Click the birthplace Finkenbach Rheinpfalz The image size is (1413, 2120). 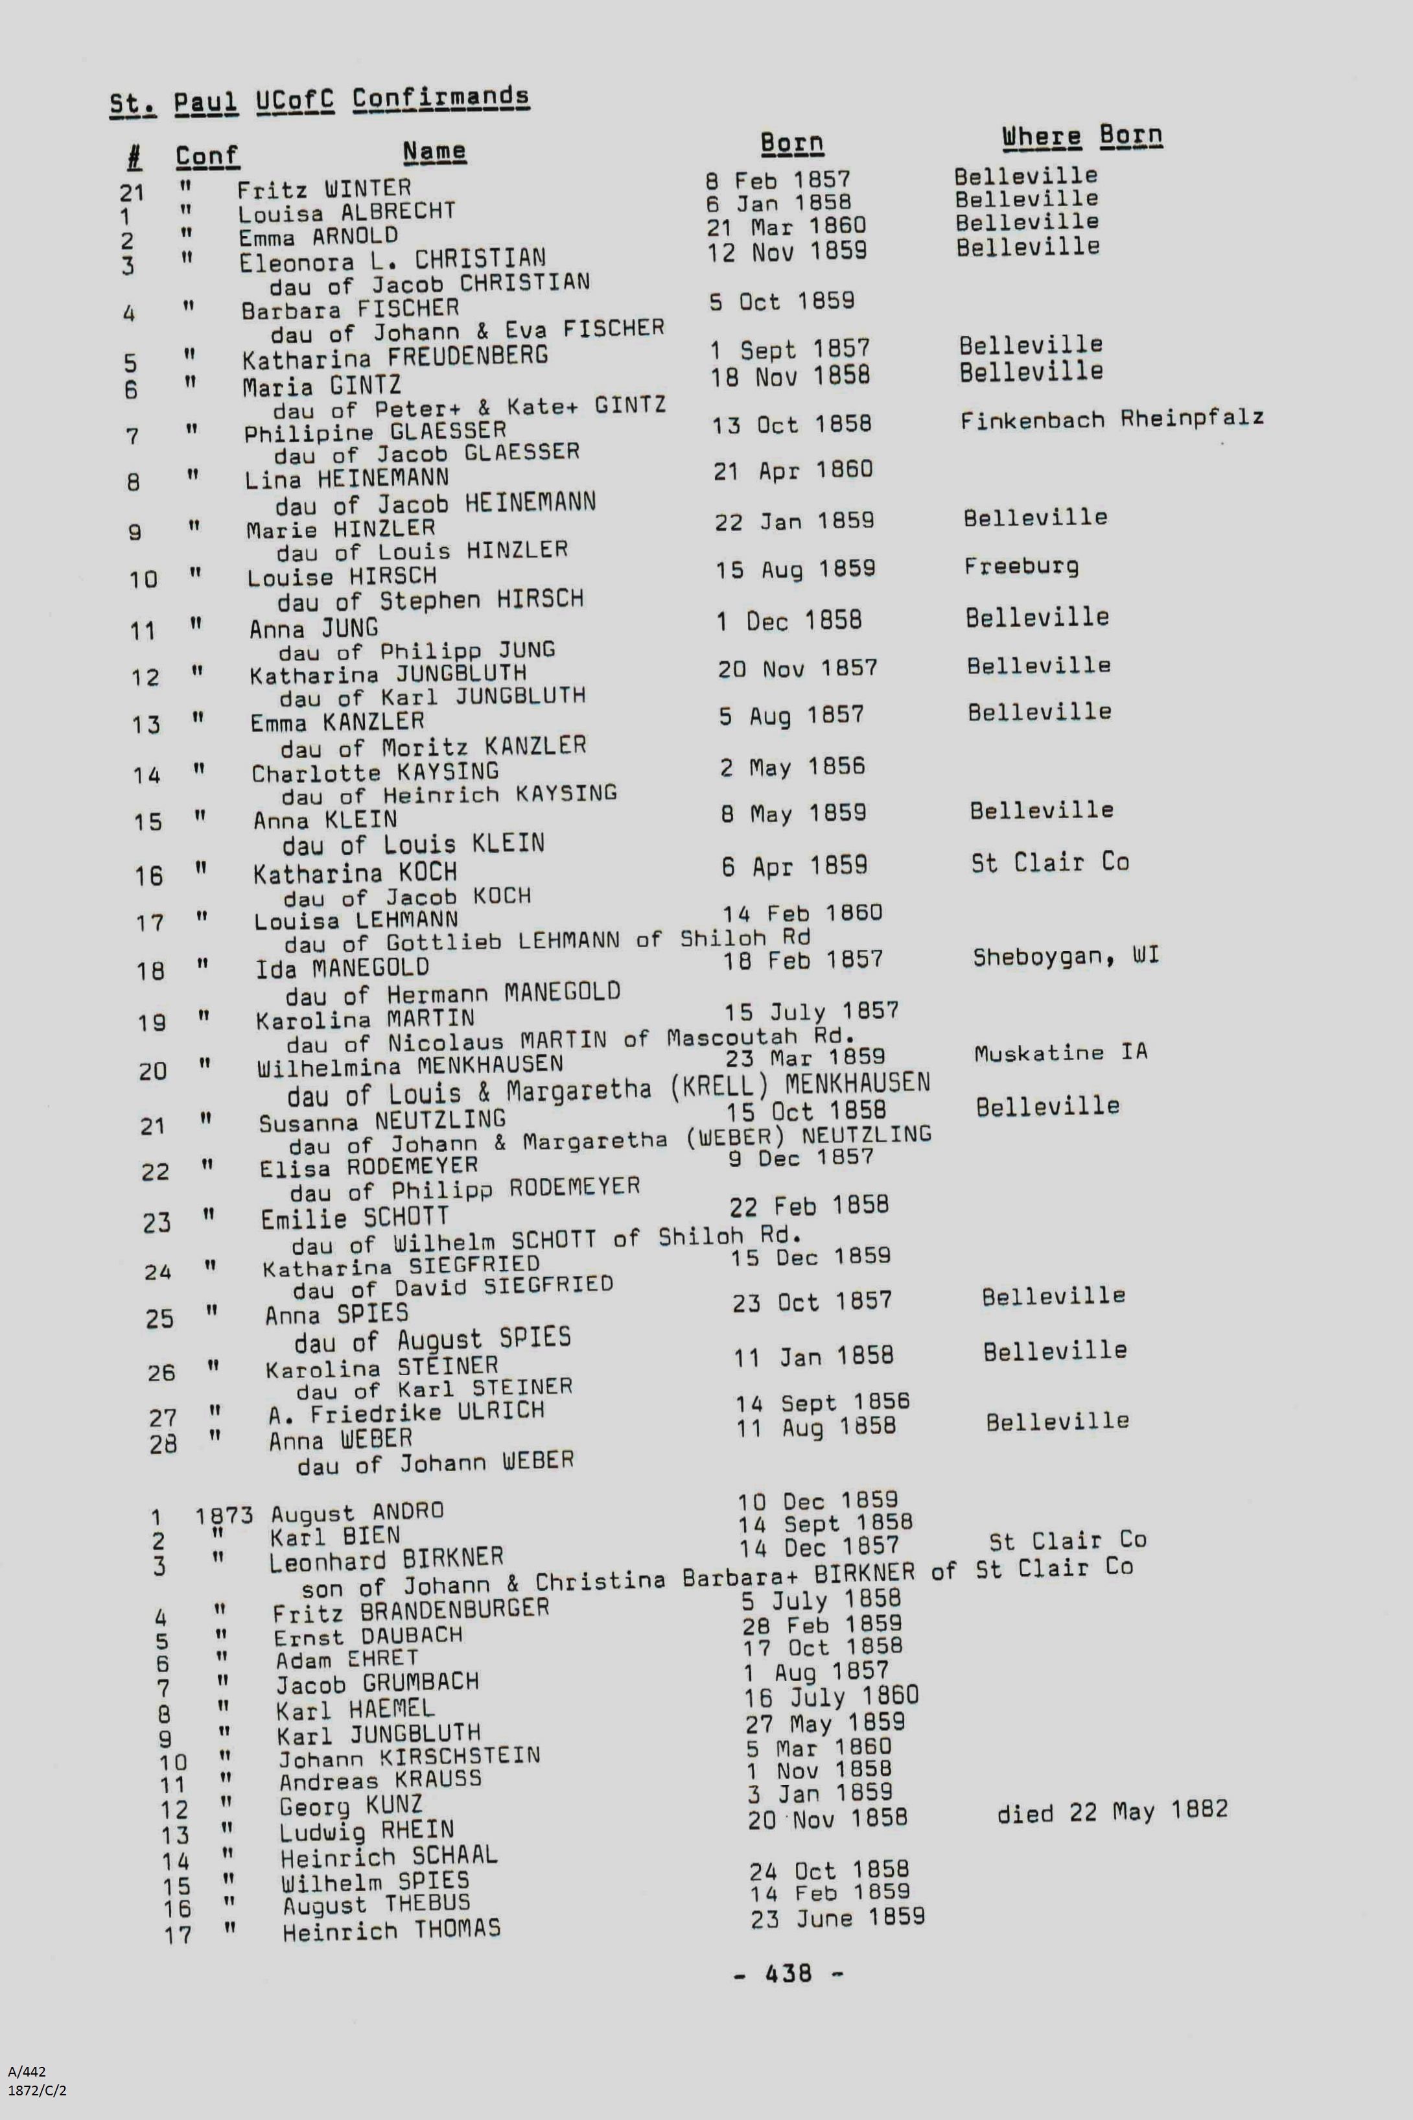click(x=1111, y=419)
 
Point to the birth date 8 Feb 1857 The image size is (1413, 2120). click(x=778, y=180)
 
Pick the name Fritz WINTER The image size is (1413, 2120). click(x=323, y=189)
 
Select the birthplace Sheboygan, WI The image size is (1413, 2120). click(x=1065, y=956)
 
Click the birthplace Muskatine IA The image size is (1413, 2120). click(x=1060, y=1052)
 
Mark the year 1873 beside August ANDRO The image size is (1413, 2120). click(x=224, y=1515)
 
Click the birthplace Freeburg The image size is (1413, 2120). click(x=1021, y=566)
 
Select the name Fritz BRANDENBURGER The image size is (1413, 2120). click(x=411, y=1610)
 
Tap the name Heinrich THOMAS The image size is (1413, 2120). click(x=391, y=1931)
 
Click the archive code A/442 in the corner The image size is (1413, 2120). click(x=27, y=2071)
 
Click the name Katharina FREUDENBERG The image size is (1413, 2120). click(x=395, y=358)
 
